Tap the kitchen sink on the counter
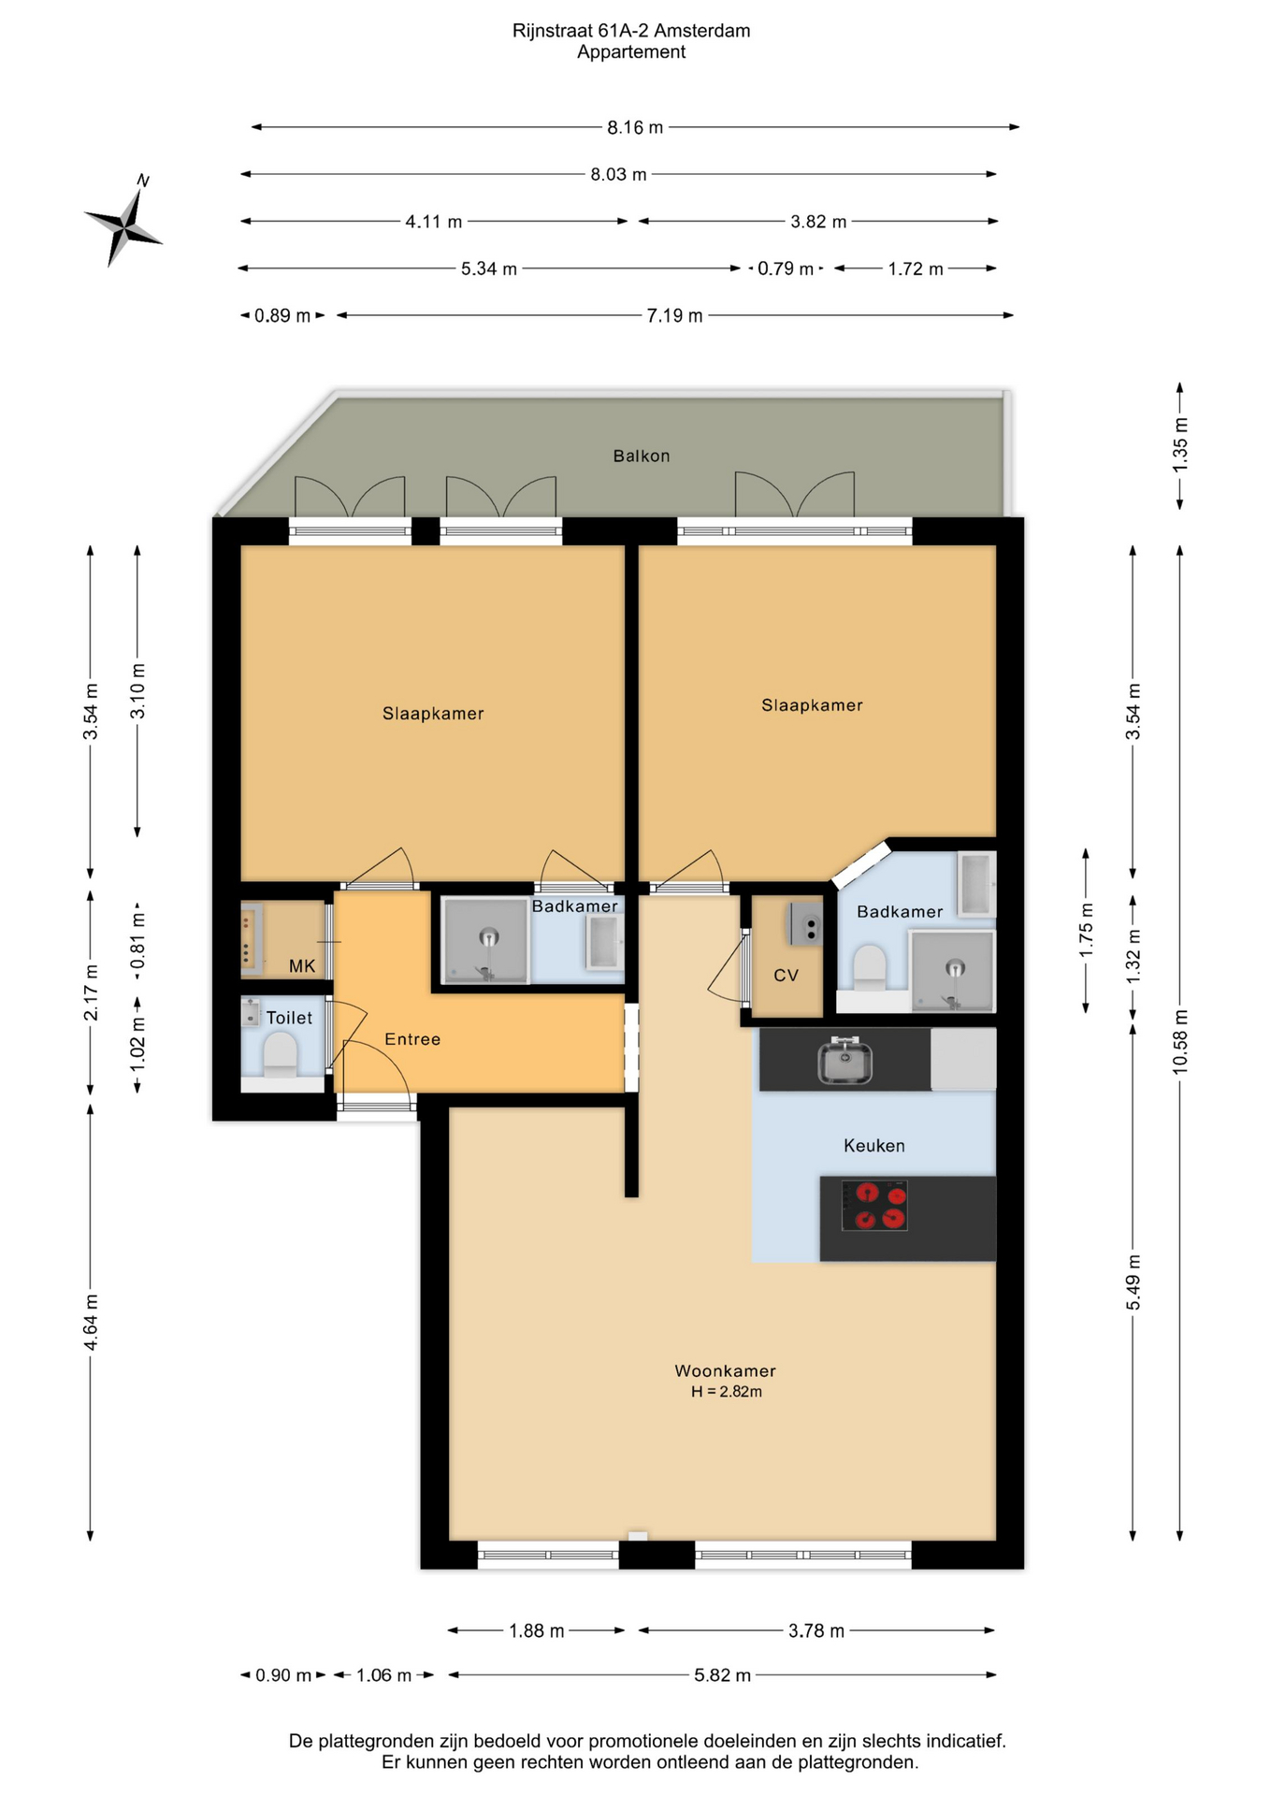845,1062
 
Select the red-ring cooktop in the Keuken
874,1205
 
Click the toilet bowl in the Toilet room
280,1054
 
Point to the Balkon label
642,456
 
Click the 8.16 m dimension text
635,127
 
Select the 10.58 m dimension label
1180,1041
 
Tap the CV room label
786,975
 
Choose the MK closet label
302,965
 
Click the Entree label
412,1038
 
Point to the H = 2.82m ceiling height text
727,1391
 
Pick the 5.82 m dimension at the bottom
722,1674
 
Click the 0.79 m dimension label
786,268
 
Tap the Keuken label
874,1145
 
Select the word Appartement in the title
631,52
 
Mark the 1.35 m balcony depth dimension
1180,444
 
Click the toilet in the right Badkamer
870,967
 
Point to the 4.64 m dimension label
91,1322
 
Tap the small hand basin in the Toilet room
250,1012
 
